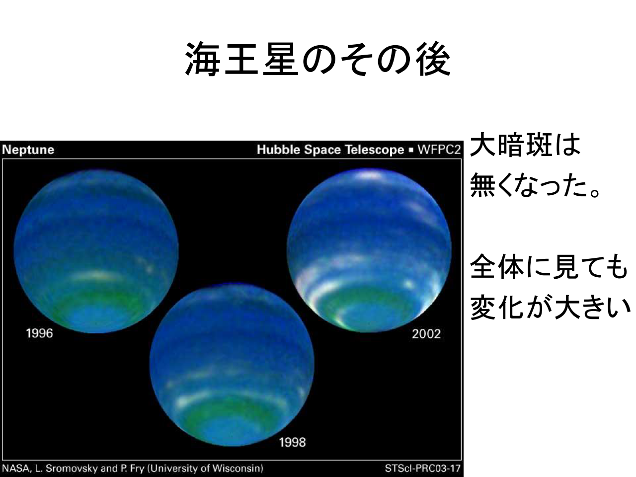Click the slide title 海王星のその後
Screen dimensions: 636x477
(318, 59)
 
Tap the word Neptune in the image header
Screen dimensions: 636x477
(28, 150)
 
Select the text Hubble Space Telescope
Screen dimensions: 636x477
(330, 150)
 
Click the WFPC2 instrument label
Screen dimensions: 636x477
(439, 150)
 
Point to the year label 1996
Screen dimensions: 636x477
(40, 333)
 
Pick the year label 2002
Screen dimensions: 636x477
(426, 334)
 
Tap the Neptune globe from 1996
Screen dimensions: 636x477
(96, 251)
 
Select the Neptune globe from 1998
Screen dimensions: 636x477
(232, 365)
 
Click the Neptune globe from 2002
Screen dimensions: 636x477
(369, 250)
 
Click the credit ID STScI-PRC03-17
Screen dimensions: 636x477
(423, 469)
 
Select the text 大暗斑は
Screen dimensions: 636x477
(525, 145)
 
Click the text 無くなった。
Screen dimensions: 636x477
(536, 185)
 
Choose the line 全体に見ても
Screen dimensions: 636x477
(549, 266)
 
